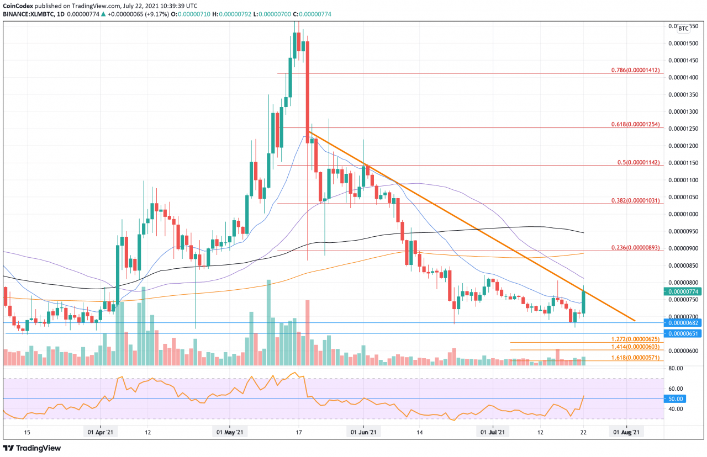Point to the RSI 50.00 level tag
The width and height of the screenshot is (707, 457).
(677, 398)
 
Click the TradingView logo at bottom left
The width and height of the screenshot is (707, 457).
(32, 448)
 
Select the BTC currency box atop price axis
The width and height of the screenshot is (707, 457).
(683, 28)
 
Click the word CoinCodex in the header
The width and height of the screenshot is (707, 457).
(22, 5)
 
